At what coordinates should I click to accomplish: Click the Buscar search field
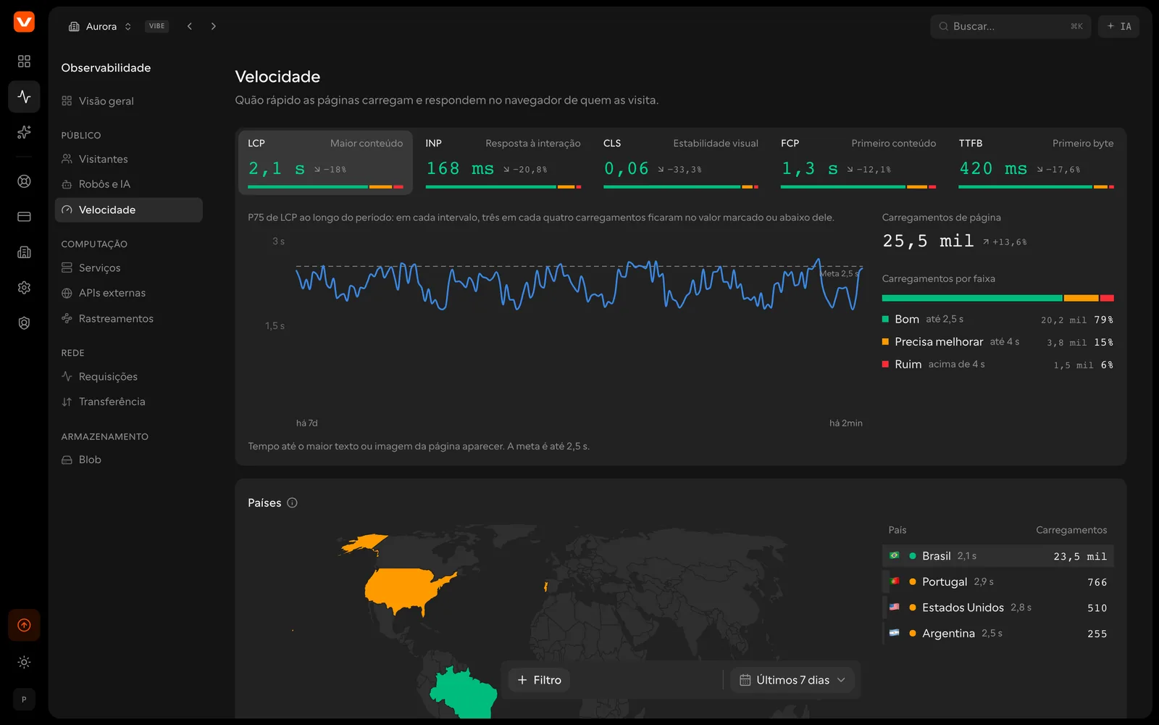(x=1010, y=26)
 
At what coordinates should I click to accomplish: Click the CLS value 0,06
(x=626, y=168)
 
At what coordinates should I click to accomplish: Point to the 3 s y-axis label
(x=278, y=241)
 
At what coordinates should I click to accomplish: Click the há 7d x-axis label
(x=307, y=423)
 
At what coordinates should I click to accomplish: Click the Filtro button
(x=539, y=680)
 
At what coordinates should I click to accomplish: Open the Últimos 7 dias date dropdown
(x=792, y=680)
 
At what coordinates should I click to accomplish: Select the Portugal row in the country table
(x=997, y=581)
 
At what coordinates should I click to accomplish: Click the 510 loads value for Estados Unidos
(x=1097, y=608)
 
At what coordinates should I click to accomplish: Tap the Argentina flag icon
(x=894, y=633)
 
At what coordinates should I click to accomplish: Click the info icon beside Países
(x=293, y=503)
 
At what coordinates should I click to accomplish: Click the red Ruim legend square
(x=885, y=364)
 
